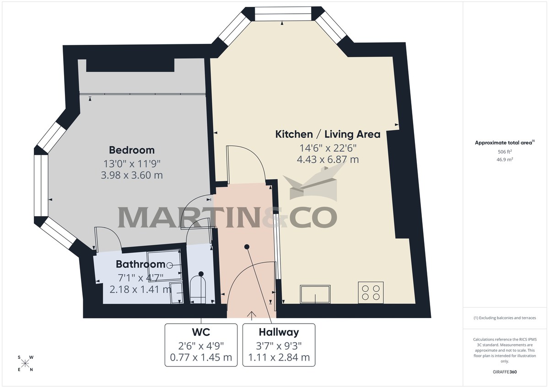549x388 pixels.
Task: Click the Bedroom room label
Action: (132, 150)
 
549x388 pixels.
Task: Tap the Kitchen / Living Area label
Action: (328, 134)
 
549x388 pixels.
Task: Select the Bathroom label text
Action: (140, 264)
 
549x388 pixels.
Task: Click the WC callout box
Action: (201, 345)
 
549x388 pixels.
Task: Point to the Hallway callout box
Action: (279, 345)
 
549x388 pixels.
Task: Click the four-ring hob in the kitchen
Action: (371, 292)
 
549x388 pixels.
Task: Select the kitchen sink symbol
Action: (315, 294)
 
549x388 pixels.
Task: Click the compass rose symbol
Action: (25, 364)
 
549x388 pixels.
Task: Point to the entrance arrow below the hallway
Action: (251, 315)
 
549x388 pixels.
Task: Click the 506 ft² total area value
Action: (505, 152)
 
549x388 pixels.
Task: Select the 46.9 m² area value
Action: (505, 160)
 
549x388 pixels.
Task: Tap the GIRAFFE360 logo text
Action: (505, 372)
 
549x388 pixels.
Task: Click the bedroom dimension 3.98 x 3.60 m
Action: (132, 175)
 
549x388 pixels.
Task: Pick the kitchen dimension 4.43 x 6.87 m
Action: (328, 159)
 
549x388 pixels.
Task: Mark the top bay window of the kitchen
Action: (282, 14)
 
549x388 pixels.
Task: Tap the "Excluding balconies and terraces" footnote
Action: (505, 318)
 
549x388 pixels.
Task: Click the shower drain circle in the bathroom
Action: (170, 265)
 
